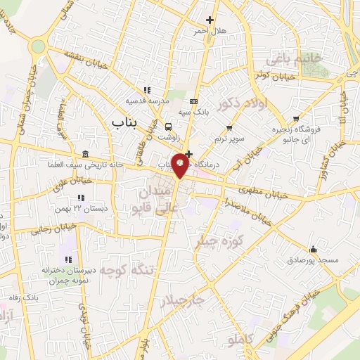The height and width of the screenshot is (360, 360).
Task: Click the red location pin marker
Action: click(x=180, y=165)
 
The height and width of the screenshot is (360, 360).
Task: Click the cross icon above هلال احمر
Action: click(x=209, y=20)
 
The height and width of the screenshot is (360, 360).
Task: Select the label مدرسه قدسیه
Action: click(x=148, y=101)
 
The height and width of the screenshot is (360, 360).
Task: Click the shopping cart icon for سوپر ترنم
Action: click(x=229, y=127)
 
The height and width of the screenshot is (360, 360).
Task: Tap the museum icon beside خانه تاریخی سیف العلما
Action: click(x=85, y=155)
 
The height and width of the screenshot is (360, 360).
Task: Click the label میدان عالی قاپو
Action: click(x=150, y=199)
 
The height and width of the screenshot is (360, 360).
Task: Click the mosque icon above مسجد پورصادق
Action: click(x=313, y=249)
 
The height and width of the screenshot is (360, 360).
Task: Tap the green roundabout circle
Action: click(x=38, y=46)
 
